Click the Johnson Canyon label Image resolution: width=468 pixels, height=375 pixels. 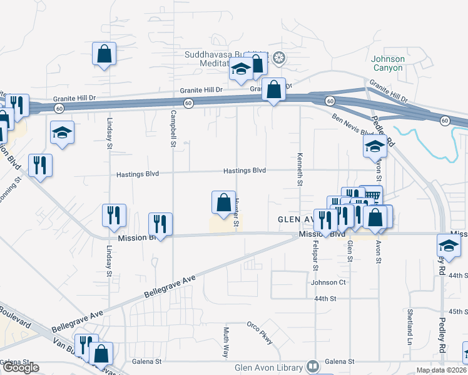coord(389,63)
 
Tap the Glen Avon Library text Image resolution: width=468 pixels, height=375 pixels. coord(269,367)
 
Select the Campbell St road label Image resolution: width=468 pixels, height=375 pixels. coord(172,128)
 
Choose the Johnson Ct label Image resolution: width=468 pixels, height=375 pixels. coord(328,282)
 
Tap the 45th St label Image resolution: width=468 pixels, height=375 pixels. coord(458,311)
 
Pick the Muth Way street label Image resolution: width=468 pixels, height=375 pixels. coord(226,341)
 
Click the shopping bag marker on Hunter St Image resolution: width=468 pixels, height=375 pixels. coord(223,202)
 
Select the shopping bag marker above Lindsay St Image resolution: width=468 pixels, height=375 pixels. coord(104,54)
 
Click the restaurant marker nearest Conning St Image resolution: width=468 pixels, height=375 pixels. coord(40,165)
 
